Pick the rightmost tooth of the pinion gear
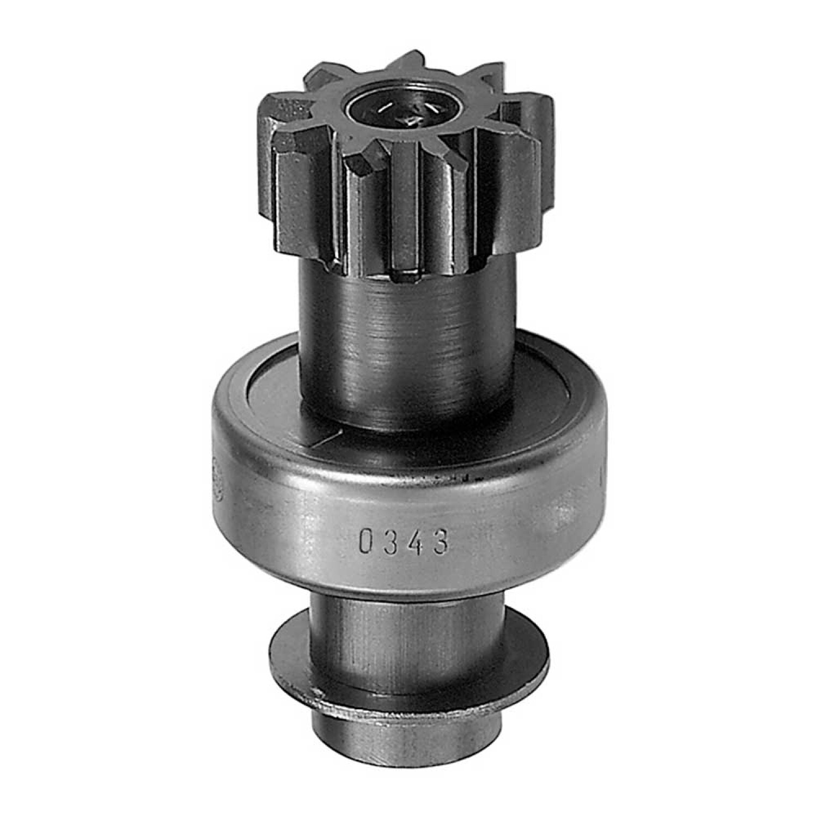pos(526,163)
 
